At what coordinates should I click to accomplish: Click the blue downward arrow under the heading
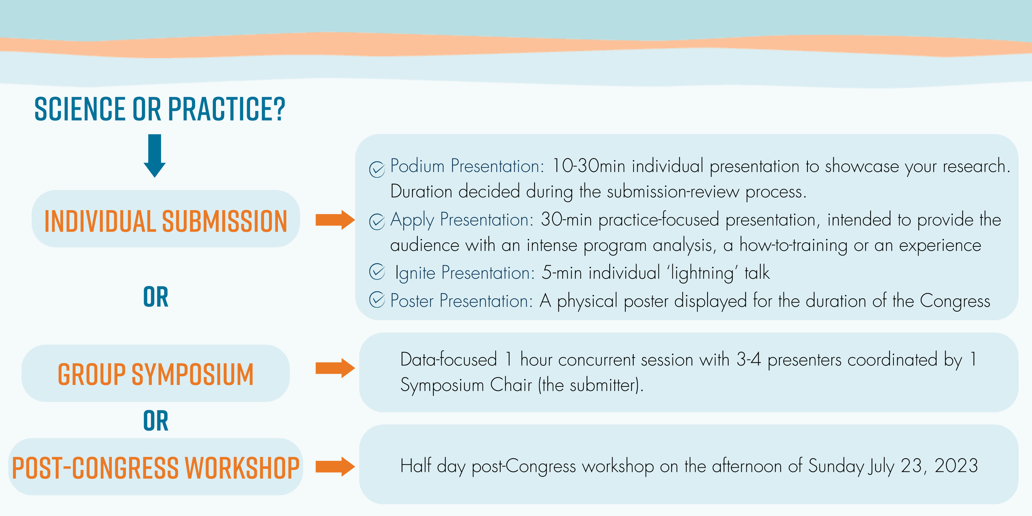(155, 156)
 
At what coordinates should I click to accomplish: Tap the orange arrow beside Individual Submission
(335, 220)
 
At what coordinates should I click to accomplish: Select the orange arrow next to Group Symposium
(335, 368)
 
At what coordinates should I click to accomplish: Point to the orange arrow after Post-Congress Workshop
(335, 467)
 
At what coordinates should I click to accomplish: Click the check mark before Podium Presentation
(377, 169)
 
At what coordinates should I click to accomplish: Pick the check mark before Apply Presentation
(377, 222)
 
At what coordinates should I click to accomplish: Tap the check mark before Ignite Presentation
(377, 272)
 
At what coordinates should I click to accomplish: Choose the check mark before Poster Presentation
(377, 300)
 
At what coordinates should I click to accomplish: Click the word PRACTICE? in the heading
(227, 109)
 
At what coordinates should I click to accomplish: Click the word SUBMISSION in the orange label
(225, 221)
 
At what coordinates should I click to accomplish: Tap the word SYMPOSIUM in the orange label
(192, 374)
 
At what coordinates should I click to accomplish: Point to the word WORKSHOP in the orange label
(242, 468)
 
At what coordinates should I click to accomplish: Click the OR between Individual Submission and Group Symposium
(156, 297)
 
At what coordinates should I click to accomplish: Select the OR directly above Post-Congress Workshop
(156, 421)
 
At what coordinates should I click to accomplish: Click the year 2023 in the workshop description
(956, 466)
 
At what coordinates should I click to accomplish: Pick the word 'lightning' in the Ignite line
(702, 273)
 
